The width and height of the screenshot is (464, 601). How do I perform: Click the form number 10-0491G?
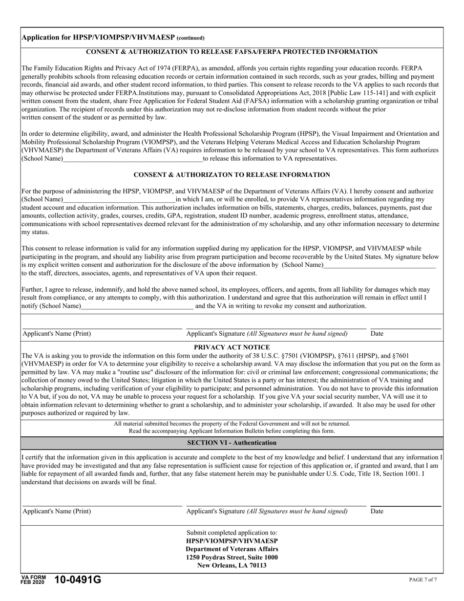click(78, 580)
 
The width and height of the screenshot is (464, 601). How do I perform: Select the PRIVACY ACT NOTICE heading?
click(232, 346)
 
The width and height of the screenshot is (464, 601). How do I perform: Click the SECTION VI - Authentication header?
click(232, 443)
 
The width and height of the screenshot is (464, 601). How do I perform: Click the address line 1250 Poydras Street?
click(232, 558)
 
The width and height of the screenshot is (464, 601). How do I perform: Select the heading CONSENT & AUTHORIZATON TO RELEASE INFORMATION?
click(232, 174)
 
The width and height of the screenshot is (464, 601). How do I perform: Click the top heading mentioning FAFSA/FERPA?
click(232, 52)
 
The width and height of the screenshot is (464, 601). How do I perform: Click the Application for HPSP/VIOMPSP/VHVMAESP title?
click(113, 38)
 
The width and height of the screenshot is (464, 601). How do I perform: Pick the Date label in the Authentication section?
click(377, 512)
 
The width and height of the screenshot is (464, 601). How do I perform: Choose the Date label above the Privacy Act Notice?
click(377, 334)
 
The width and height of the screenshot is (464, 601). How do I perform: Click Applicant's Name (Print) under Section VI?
click(57, 512)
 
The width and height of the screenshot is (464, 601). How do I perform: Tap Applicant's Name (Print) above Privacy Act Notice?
click(57, 334)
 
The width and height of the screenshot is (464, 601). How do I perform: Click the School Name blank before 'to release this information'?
click(133, 159)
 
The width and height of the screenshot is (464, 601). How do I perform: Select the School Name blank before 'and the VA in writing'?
click(137, 306)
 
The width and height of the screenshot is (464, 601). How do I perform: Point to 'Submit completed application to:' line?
click(232, 533)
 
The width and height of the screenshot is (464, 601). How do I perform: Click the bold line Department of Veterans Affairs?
click(232, 549)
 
